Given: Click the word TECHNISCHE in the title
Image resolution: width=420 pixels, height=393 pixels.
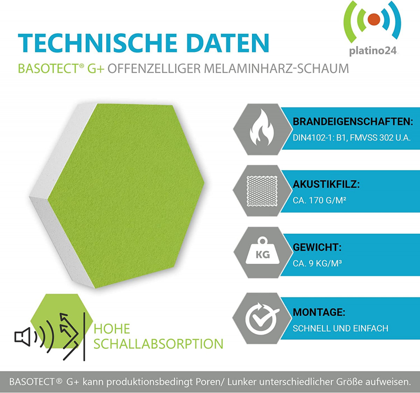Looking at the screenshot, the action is (x=97, y=43).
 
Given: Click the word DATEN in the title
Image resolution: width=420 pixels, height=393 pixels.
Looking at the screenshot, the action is (x=228, y=43).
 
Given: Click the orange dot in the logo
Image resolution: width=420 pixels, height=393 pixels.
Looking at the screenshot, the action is (x=374, y=20).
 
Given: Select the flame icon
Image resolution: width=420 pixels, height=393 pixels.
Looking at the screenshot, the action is (x=262, y=128).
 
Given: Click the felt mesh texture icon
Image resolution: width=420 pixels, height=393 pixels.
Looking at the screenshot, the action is (x=262, y=191).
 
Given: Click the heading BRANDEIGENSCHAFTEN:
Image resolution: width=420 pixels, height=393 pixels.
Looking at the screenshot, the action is (x=353, y=122).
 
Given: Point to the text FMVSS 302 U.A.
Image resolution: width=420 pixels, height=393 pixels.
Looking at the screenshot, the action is (x=380, y=138).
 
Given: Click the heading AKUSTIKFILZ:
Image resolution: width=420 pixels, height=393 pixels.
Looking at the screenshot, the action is (x=326, y=184).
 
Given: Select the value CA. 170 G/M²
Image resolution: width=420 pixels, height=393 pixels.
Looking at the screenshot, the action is (x=320, y=200).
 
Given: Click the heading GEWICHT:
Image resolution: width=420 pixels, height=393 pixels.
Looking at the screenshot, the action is (x=317, y=247).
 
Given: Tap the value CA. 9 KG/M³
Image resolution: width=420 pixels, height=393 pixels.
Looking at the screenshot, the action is (x=317, y=263).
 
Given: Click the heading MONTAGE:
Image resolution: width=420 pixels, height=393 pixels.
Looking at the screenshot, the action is (x=319, y=312).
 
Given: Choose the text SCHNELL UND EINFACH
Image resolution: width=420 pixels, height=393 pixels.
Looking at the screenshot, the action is (x=341, y=328).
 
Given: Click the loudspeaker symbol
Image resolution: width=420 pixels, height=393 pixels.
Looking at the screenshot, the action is (x=22, y=337).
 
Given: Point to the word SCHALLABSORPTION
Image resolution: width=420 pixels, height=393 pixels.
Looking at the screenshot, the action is (x=159, y=344).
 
